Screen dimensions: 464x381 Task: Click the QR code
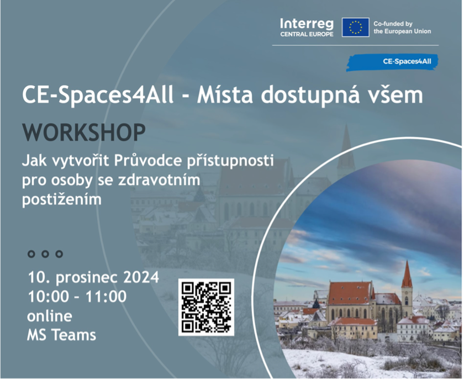pos(207,308)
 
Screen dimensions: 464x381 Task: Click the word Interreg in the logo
pos(308,24)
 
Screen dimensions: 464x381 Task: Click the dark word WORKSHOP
pos(85,133)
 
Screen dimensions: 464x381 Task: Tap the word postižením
pos(62,200)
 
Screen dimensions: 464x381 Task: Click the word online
pos(50,317)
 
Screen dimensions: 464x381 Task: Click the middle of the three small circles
pos(45,255)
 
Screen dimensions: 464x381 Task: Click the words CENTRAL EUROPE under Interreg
pos(308,35)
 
